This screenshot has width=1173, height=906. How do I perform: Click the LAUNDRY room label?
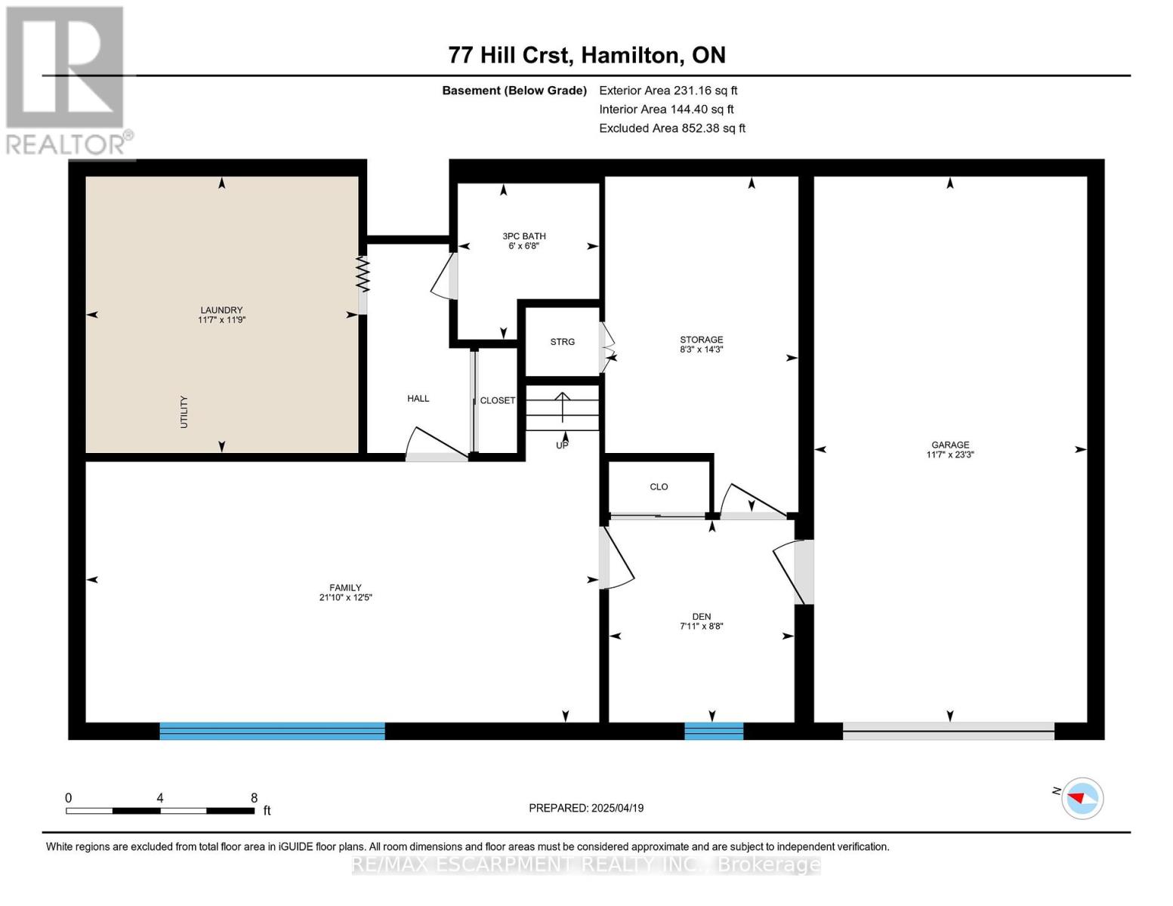221,310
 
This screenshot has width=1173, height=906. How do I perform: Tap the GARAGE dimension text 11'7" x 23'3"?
950,455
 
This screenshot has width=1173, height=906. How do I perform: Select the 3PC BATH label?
524,236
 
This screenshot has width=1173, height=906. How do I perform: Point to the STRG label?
563,342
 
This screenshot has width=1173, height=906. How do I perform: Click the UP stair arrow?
563,408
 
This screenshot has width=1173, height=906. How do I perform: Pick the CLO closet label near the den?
659,487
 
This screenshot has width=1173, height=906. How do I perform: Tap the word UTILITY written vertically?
184,412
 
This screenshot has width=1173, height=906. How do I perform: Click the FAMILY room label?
345,587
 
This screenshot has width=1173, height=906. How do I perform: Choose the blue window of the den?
714,731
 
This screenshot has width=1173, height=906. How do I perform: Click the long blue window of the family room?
272,731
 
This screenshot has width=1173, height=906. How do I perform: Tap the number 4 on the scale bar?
160,797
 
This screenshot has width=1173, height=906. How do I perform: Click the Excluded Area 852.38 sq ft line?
672,128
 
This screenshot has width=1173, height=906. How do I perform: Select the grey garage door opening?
949,731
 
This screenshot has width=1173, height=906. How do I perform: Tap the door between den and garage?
794,572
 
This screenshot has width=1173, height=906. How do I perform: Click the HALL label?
418,399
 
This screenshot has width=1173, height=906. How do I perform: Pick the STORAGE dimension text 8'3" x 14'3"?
701,350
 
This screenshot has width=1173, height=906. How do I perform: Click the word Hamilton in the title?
630,56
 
